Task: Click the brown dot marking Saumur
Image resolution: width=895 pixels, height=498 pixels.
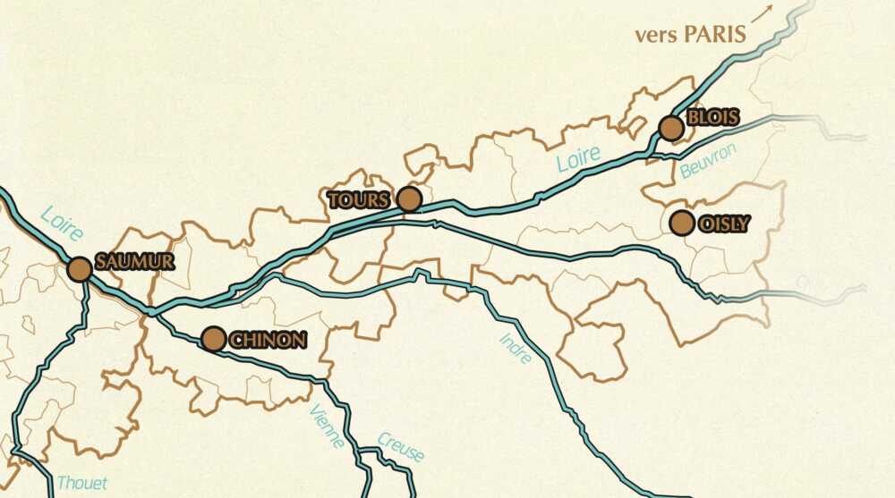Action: click(80, 269)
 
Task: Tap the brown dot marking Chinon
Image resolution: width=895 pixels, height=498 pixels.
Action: click(213, 339)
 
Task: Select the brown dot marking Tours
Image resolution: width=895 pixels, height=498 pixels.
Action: click(409, 198)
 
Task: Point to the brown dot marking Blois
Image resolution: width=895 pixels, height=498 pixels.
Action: click(671, 128)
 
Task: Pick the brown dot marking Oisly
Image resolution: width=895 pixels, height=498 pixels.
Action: click(682, 223)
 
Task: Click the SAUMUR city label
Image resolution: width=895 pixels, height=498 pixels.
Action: click(134, 262)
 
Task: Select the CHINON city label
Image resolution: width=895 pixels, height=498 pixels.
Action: click(268, 340)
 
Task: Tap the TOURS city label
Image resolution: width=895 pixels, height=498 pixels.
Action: click(359, 200)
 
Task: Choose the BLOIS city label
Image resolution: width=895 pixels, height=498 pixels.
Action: click(713, 118)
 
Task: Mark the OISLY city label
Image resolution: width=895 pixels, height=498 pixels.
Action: click(725, 224)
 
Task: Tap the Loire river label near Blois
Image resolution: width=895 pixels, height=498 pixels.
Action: click(578, 159)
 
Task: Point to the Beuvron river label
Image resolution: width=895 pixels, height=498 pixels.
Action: click(707, 161)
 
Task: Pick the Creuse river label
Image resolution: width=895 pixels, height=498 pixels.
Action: click(400, 446)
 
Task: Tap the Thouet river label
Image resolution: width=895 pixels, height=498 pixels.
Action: click(81, 483)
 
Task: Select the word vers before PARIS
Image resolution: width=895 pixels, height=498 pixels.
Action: click(654, 36)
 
